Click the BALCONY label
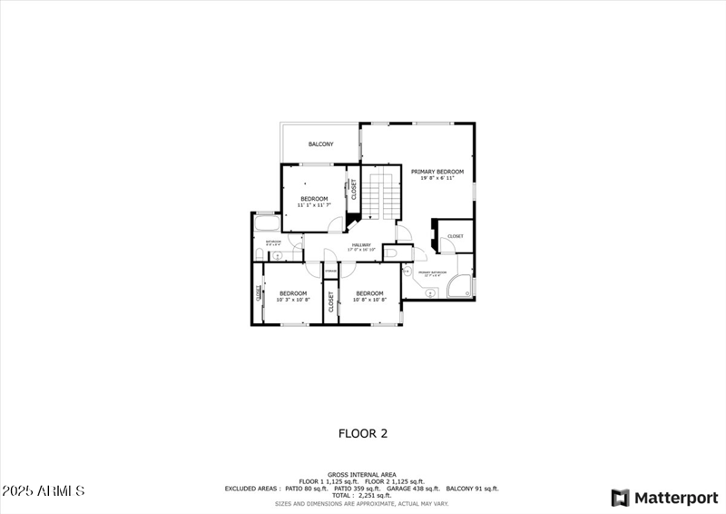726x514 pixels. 320,144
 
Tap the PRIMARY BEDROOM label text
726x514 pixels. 437,172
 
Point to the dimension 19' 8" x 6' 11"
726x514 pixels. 437,178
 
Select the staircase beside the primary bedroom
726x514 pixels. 381,193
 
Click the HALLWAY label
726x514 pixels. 361,245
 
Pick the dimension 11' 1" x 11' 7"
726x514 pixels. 314,205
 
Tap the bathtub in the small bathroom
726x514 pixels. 267,223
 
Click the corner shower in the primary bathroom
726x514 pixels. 462,287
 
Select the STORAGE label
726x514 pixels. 330,271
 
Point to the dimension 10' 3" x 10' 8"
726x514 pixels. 293,300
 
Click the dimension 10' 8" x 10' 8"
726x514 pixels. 369,300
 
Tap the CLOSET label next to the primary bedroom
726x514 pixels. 455,236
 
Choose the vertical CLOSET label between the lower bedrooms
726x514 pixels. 330,302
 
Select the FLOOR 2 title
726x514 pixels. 363,434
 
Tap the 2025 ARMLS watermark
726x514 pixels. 44,491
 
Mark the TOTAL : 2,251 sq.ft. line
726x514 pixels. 362,495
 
